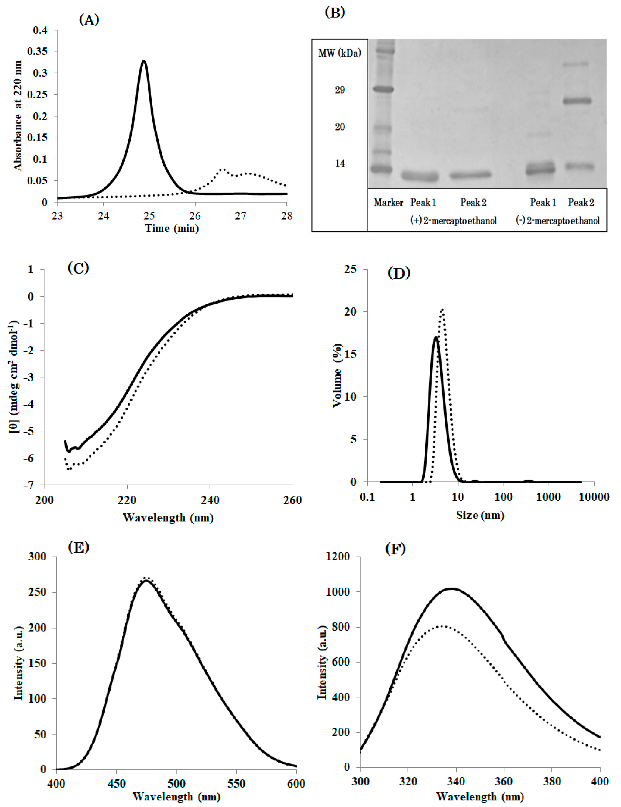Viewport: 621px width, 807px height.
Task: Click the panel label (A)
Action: point(89,20)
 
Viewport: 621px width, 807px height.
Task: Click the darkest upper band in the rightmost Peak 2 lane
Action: point(579,100)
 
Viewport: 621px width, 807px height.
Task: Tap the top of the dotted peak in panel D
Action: point(442,309)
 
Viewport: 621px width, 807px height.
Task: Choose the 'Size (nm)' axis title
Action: point(480,515)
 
